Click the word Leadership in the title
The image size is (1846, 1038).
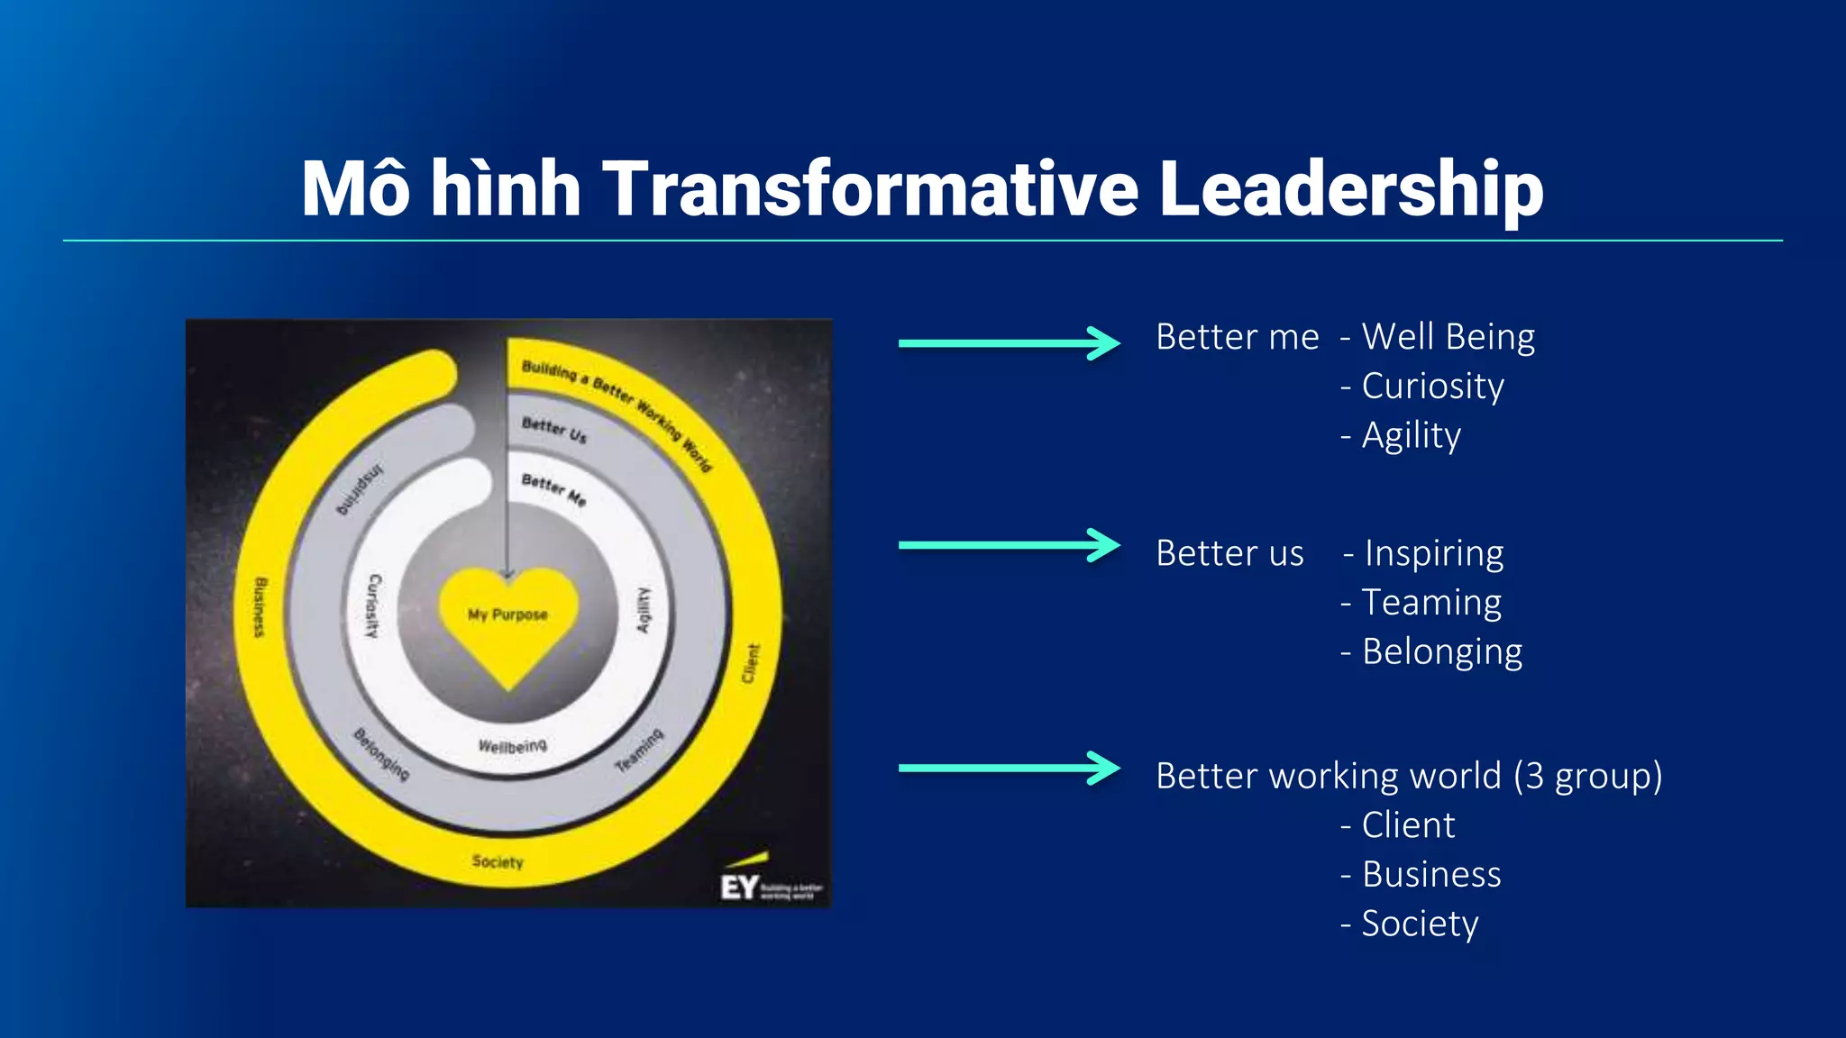[1350, 190]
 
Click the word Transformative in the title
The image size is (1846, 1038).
[871, 190]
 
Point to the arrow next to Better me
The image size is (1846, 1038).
[1009, 342]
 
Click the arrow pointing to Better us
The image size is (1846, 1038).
[1009, 545]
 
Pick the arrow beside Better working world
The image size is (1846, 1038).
[1009, 769]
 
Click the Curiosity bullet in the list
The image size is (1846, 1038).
[1432, 387]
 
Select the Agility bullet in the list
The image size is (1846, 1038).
[1411, 436]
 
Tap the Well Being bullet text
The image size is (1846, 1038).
[1448, 337]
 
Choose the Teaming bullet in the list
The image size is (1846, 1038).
[1431, 602]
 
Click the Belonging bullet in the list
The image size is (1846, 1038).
[1441, 651]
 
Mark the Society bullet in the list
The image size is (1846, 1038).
[1420, 924]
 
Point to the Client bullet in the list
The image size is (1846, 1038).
[1408, 825]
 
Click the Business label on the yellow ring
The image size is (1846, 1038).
[260, 607]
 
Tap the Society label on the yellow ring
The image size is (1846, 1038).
[498, 861]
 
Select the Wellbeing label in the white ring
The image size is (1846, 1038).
[512, 746]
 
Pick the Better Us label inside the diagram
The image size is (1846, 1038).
[553, 430]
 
